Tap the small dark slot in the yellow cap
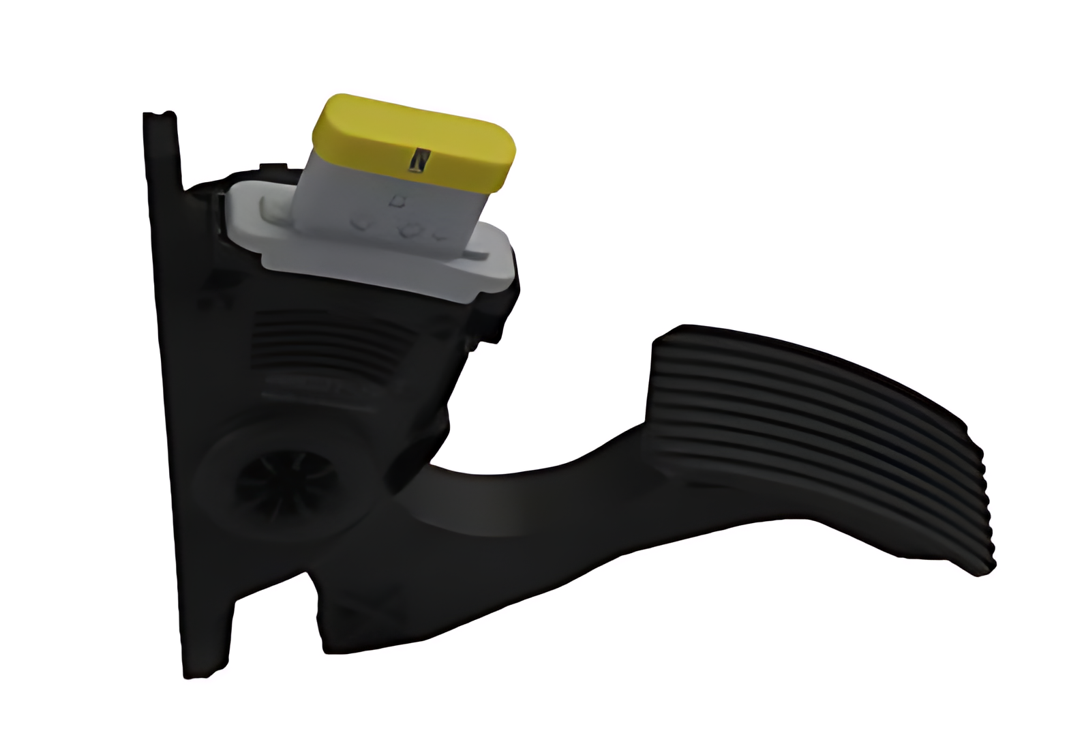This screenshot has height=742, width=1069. click(x=418, y=161)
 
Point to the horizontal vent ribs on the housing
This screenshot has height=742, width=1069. click(x=327, y=341)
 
